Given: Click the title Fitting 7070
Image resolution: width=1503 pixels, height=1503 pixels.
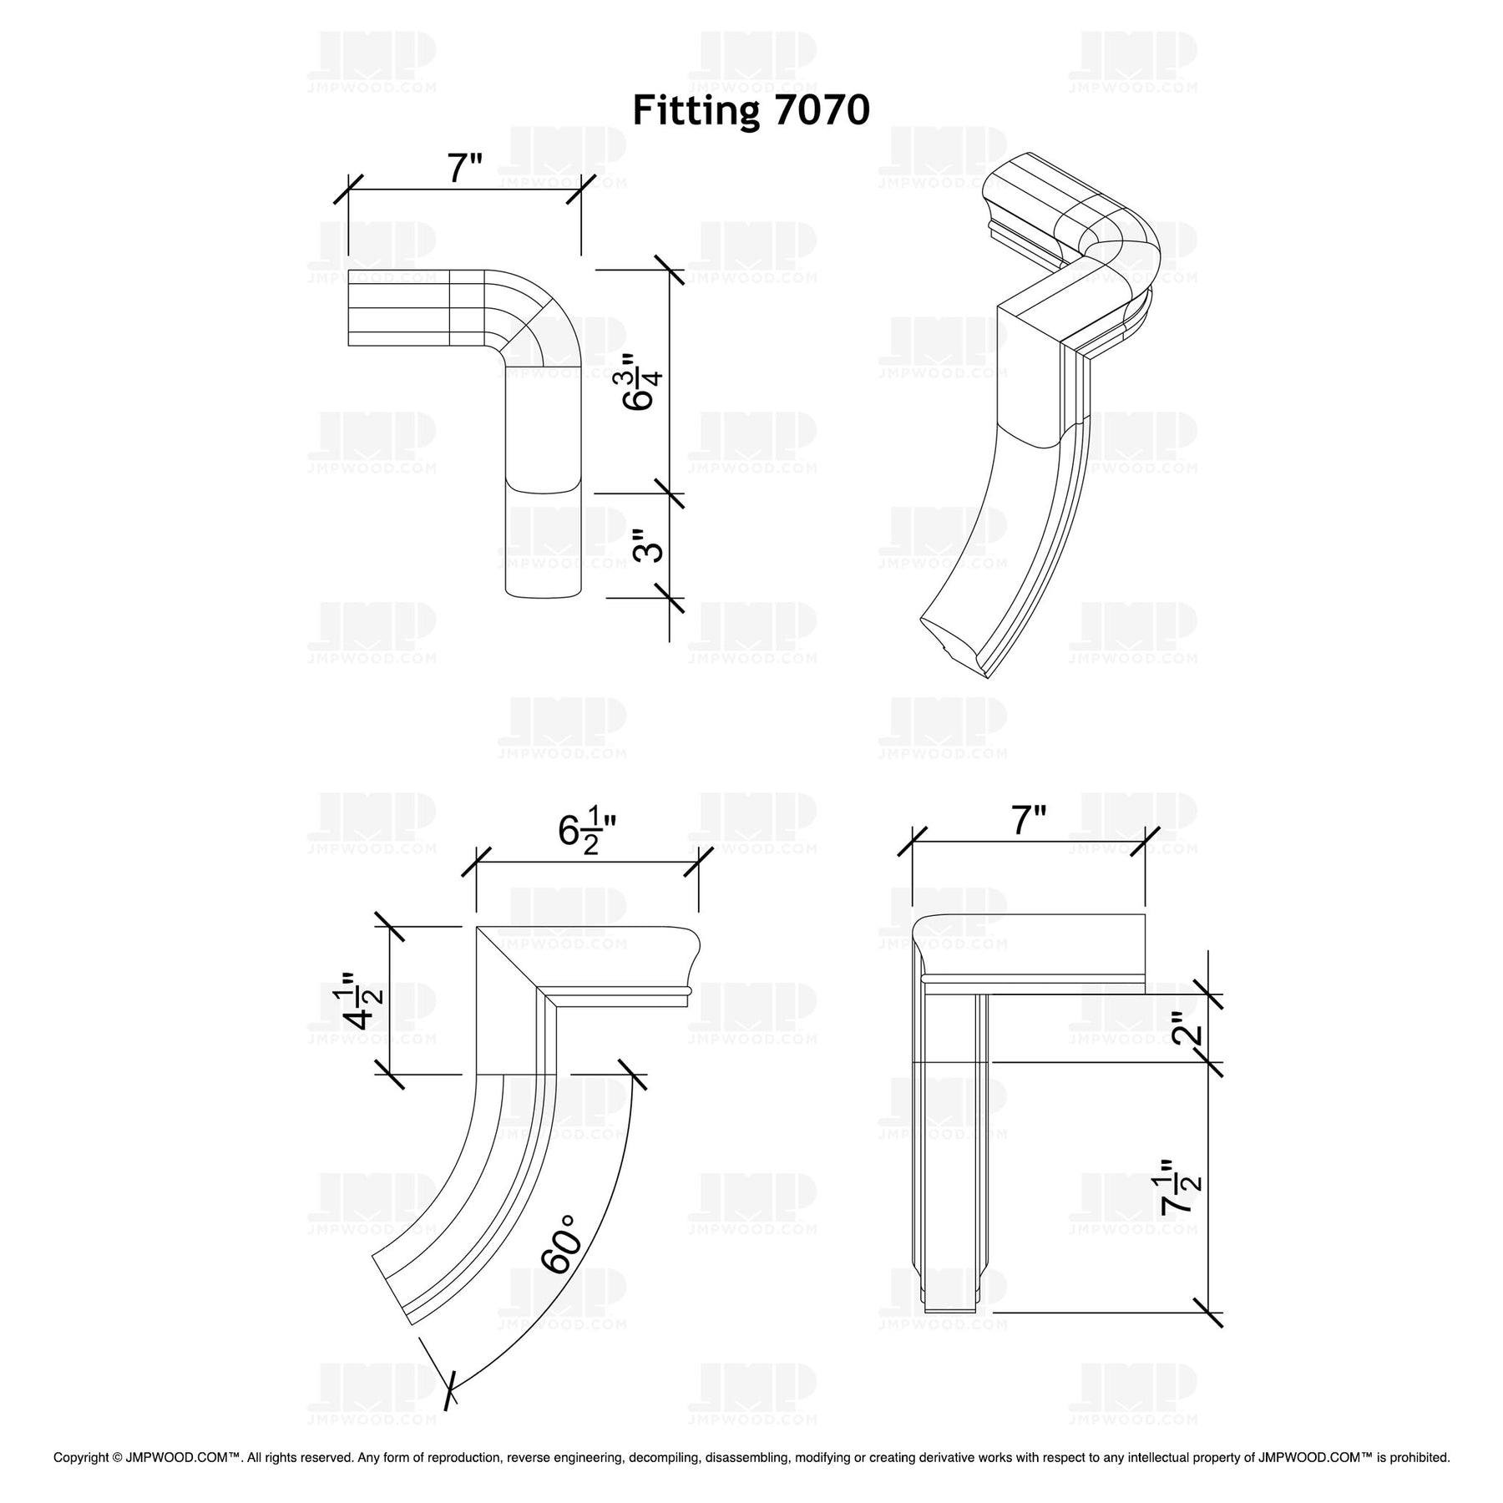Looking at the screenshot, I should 751,110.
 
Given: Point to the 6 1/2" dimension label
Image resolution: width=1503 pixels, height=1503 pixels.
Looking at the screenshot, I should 587,833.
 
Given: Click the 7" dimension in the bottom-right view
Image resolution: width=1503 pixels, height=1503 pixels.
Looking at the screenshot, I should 1029,821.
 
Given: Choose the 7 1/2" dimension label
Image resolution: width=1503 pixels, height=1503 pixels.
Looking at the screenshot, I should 1183,1187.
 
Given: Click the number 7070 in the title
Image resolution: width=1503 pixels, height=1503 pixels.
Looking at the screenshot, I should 822,110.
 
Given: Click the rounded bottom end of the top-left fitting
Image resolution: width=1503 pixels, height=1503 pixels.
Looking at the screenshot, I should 543,594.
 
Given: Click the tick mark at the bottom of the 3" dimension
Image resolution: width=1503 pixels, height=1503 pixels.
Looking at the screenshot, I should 670,599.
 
